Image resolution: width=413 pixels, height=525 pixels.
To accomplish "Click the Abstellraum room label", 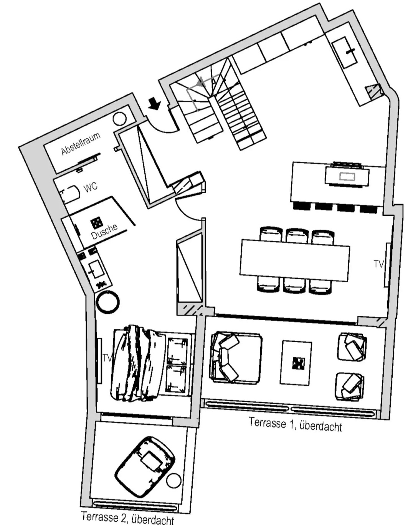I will [x=81, y=143].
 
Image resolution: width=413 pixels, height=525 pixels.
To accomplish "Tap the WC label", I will [x=91, y=187].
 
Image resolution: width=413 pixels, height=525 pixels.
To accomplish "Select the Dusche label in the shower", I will [x=104, y=232].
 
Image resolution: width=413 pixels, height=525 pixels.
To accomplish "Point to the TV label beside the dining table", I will [x=378, y=264].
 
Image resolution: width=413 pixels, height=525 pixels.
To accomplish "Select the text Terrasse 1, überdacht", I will [x=295, y=424].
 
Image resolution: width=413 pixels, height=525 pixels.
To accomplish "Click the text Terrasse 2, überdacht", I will [x=127, y=518].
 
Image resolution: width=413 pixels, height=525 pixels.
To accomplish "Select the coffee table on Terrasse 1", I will [x=296, y=363].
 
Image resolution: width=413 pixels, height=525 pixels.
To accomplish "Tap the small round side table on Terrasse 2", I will [x=173, y=480].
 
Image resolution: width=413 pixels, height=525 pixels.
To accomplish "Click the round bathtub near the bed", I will [x=107, y=302].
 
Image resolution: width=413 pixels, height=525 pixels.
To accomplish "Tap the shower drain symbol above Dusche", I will [x=96, y=222].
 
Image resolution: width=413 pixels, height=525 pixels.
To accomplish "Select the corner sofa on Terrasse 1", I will [x=235, y=358].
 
